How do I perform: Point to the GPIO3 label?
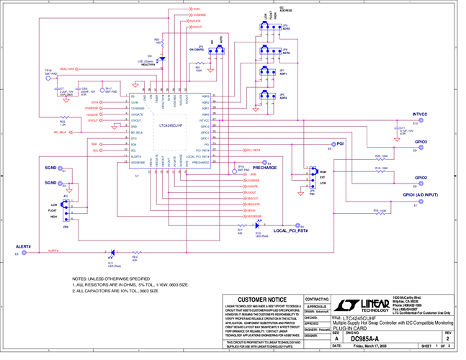click(x=421, y=142)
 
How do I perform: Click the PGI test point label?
click(x=340, y=144)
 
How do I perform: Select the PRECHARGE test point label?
click(x=264, y=168)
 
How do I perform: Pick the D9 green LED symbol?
click(x=161, y=59)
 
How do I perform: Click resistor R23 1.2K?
click(x=64, y=117)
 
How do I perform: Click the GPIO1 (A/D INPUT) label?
click(x=420, y=195)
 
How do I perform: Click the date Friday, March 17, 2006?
click(x=374, y=347)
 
